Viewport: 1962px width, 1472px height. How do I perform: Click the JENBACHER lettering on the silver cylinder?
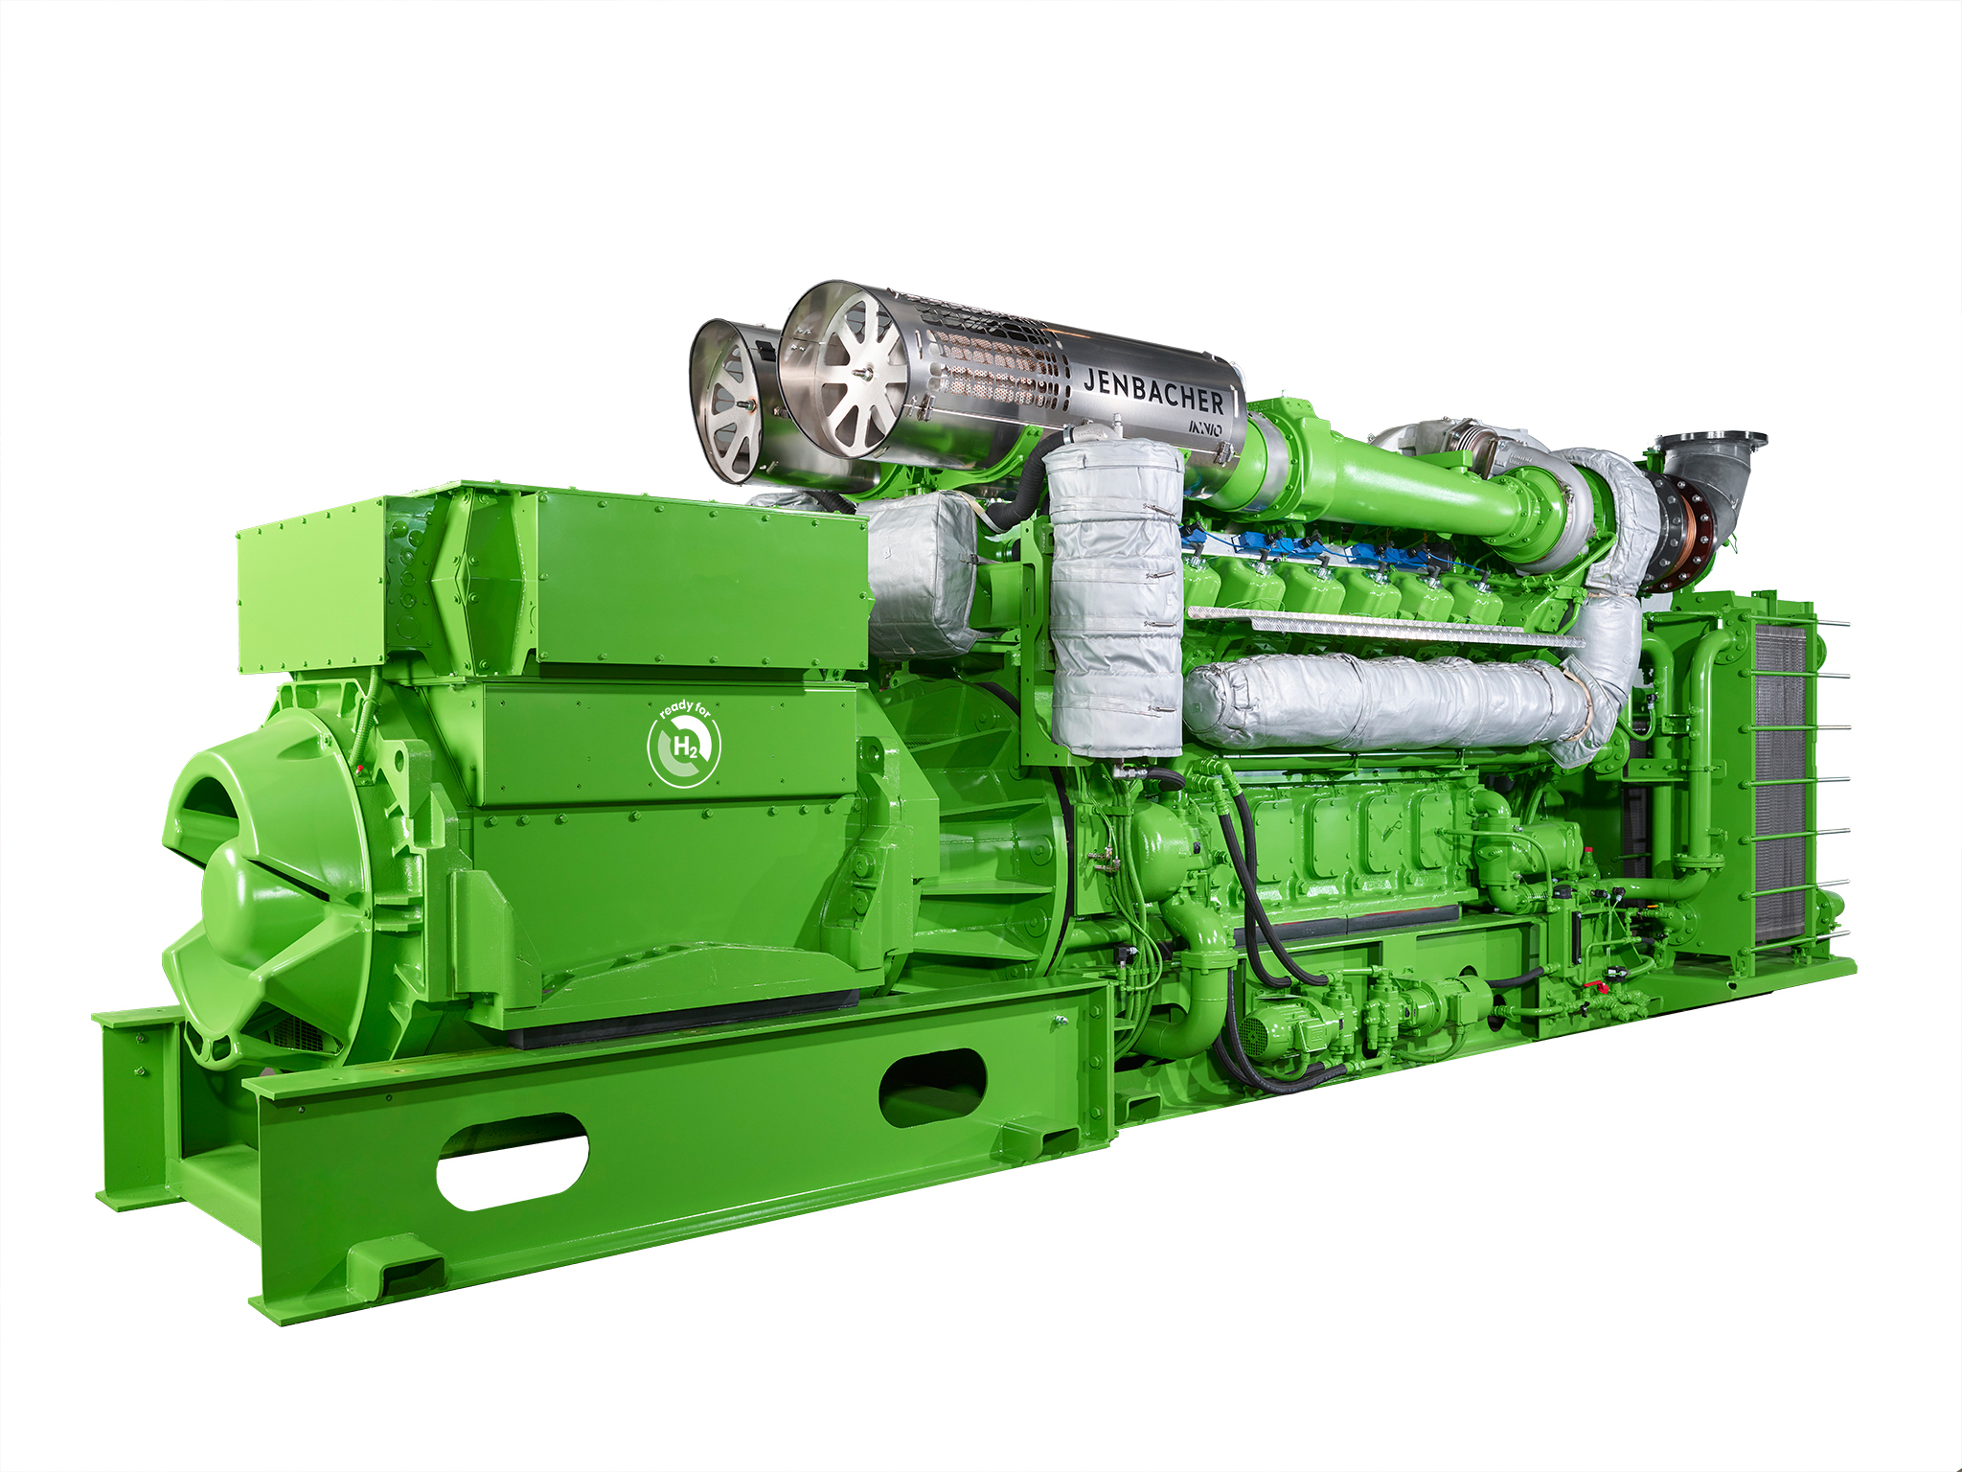click(x=1153, y=390)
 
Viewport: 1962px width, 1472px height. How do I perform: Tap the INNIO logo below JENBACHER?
click(x=1204, y=427)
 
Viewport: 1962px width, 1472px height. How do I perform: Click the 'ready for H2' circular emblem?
click(x=684, y=744)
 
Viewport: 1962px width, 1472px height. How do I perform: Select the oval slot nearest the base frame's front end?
click(x=513, y=1161)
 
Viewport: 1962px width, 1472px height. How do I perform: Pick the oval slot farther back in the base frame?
click(x=932, y=1087)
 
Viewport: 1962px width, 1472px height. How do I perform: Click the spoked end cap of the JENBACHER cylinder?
click(x=843, y=377)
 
